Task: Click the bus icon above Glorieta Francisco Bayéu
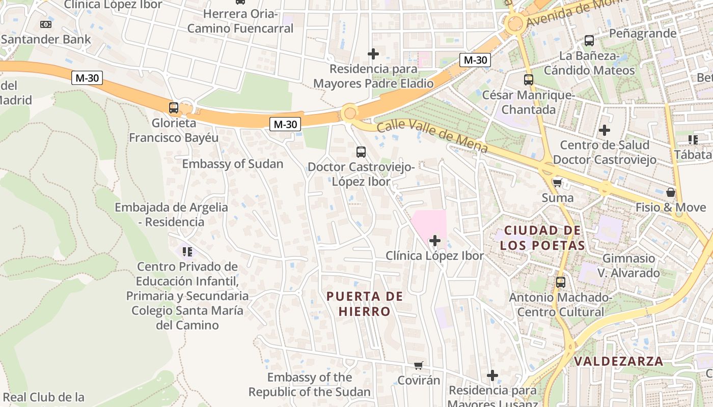[x=174, y=108]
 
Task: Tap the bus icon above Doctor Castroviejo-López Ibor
[x=361, y=152]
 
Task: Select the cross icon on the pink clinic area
[x=435, y=240]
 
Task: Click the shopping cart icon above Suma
[x=557, y=183]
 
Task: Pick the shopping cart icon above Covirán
[x=418, y=365]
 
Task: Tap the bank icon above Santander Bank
[x=46, y=24]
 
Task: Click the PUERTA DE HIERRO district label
[x=365, y=304]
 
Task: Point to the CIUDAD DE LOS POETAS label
[x=542, y=238]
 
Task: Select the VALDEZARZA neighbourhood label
[x=619, y=361]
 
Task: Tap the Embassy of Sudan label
[x=232, y=164]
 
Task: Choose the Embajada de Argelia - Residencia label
[x=171, y=215]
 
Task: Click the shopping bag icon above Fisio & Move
[x=671, y=192]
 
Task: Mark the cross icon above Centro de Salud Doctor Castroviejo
[x=605, y=130]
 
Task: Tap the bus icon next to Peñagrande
[x=589, y=40]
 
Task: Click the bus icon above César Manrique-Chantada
[x=528, y=80]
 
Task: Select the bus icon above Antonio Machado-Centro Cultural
[x=560, y=282]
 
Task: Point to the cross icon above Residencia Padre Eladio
[x=373, y=53]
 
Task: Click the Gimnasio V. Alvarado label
[x=628, y=266]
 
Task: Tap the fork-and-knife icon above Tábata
[x=693, y=139]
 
